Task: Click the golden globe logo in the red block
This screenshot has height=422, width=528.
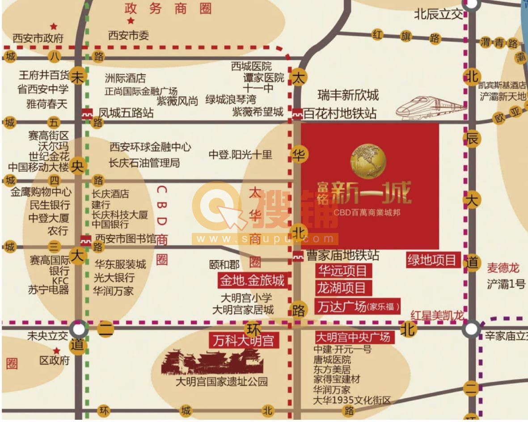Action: point(368,160)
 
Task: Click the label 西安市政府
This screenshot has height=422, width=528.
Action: point(38,38)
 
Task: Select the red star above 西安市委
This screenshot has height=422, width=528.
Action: point(131,21)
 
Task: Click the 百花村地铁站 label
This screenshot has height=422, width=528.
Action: point(340,114)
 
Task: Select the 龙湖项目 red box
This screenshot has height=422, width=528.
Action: point(342,287)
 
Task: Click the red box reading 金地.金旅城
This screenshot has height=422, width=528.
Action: point(252,281)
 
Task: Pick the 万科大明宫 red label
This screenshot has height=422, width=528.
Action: point(244,341)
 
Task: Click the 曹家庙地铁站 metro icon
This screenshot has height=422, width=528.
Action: point(298,256)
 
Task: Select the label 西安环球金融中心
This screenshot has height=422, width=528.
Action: point(150,147)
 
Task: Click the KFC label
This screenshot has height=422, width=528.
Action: point(60,280)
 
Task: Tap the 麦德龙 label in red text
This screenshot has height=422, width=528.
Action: point(503,268)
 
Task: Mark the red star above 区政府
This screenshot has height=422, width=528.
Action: point(57,351)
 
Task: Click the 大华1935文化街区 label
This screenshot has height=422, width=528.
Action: point(352,400)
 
